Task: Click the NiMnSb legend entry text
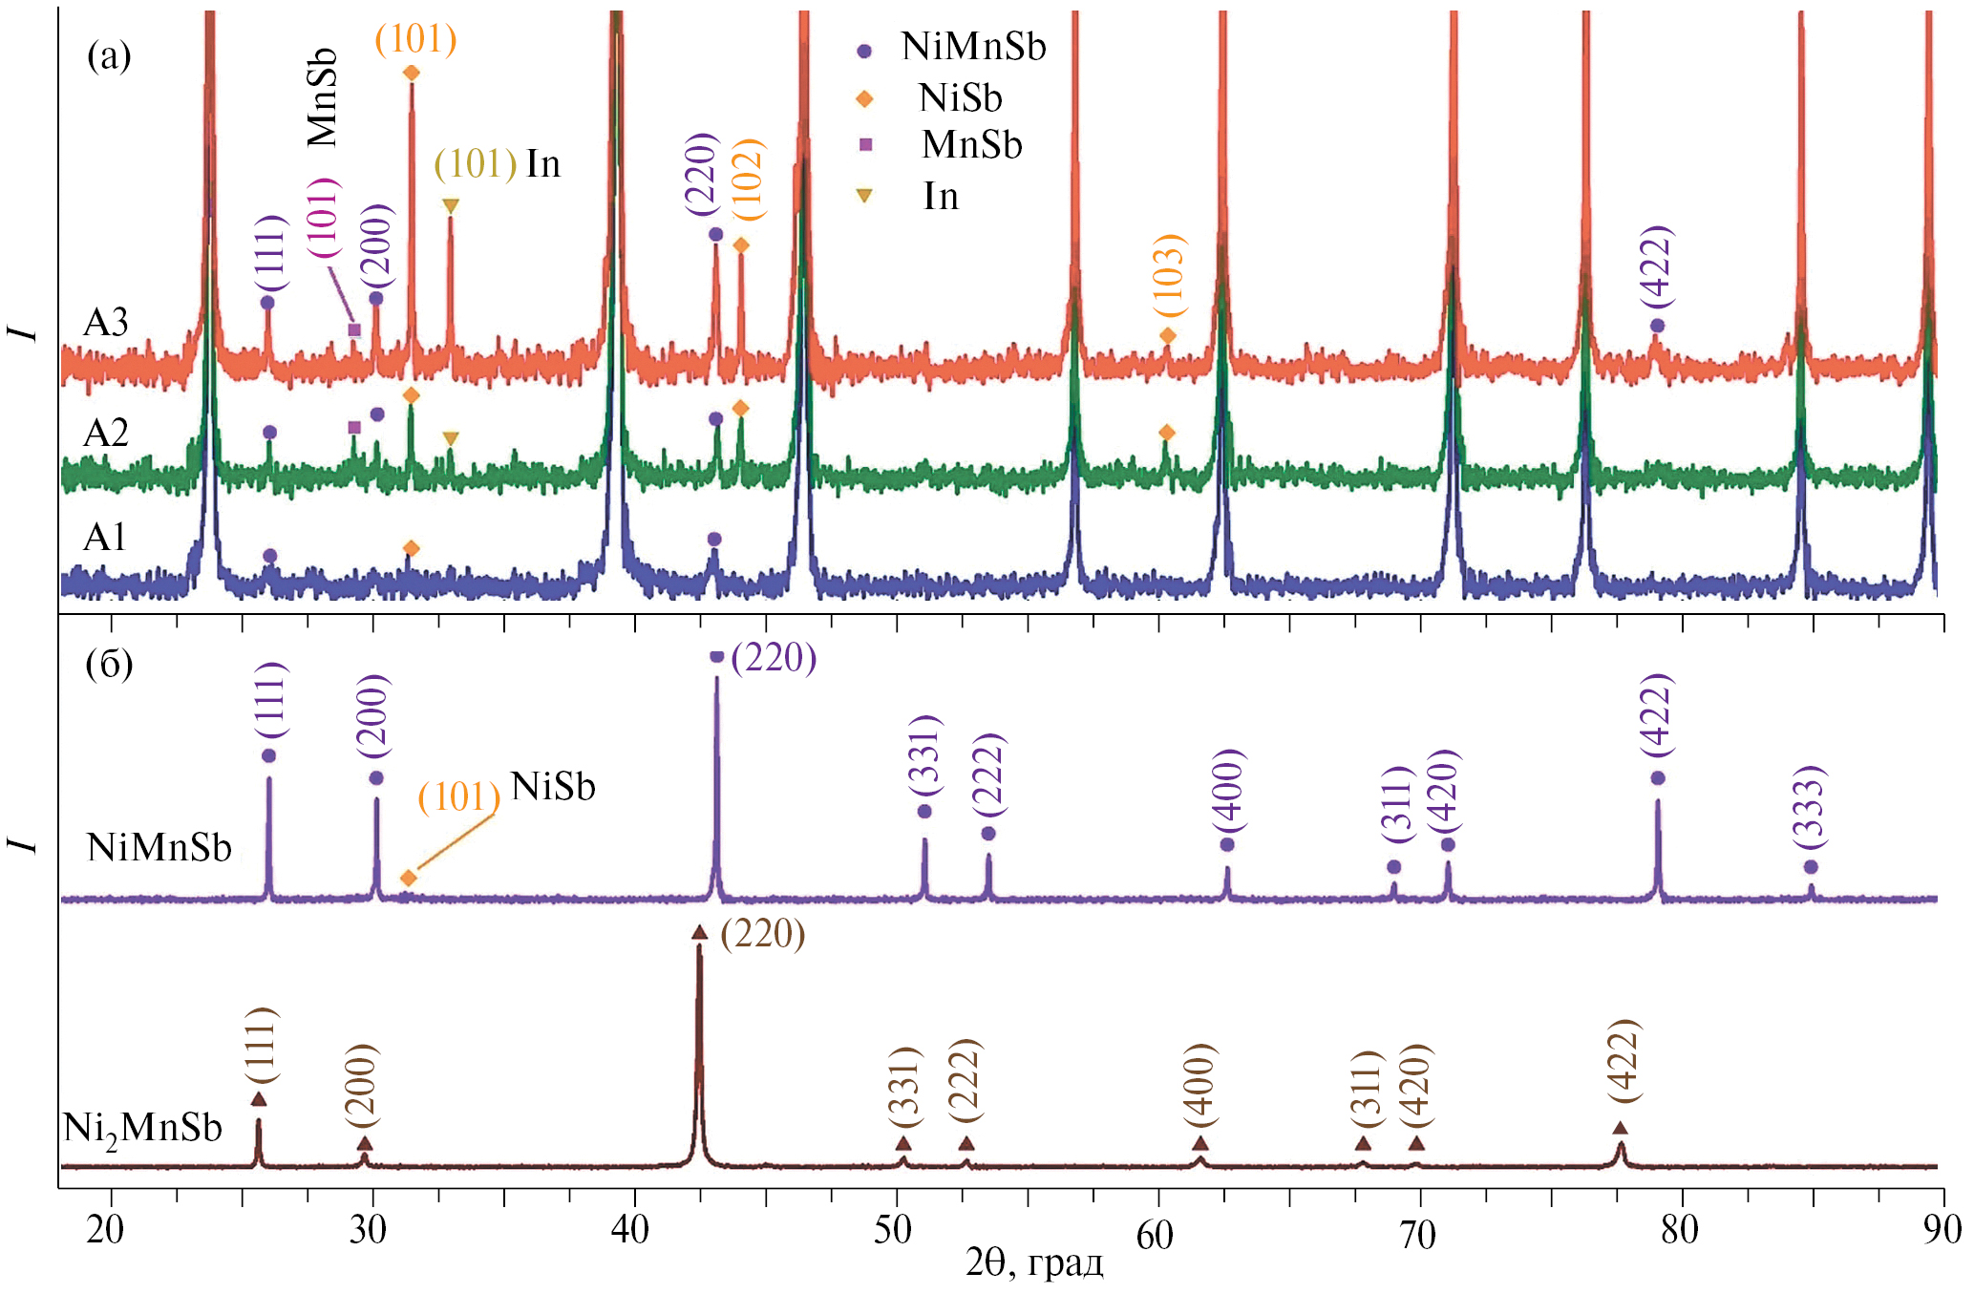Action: pos(973,47)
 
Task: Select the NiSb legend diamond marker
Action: pos(865,98)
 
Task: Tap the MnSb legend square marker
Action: pos(865,145)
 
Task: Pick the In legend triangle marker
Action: pos(865,196)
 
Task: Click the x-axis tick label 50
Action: pos(892,1230)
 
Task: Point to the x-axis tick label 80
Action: pos(1679,1230)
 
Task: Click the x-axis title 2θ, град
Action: pos(1034,1263)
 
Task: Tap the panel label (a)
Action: pos(109,56)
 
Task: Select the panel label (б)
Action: pos(109,664)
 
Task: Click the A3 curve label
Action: pos(105,323)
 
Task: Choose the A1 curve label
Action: pos(105,538)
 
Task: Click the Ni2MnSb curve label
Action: pos(142,1129)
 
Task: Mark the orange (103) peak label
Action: pos(1169,275)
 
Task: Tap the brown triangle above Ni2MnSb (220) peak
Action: pos(699,932)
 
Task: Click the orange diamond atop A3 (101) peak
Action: pos(412,73)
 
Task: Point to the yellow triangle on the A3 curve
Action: pos(451,205)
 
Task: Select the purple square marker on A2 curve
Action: pos(354,427)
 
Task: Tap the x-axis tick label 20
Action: pos(105,1230)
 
